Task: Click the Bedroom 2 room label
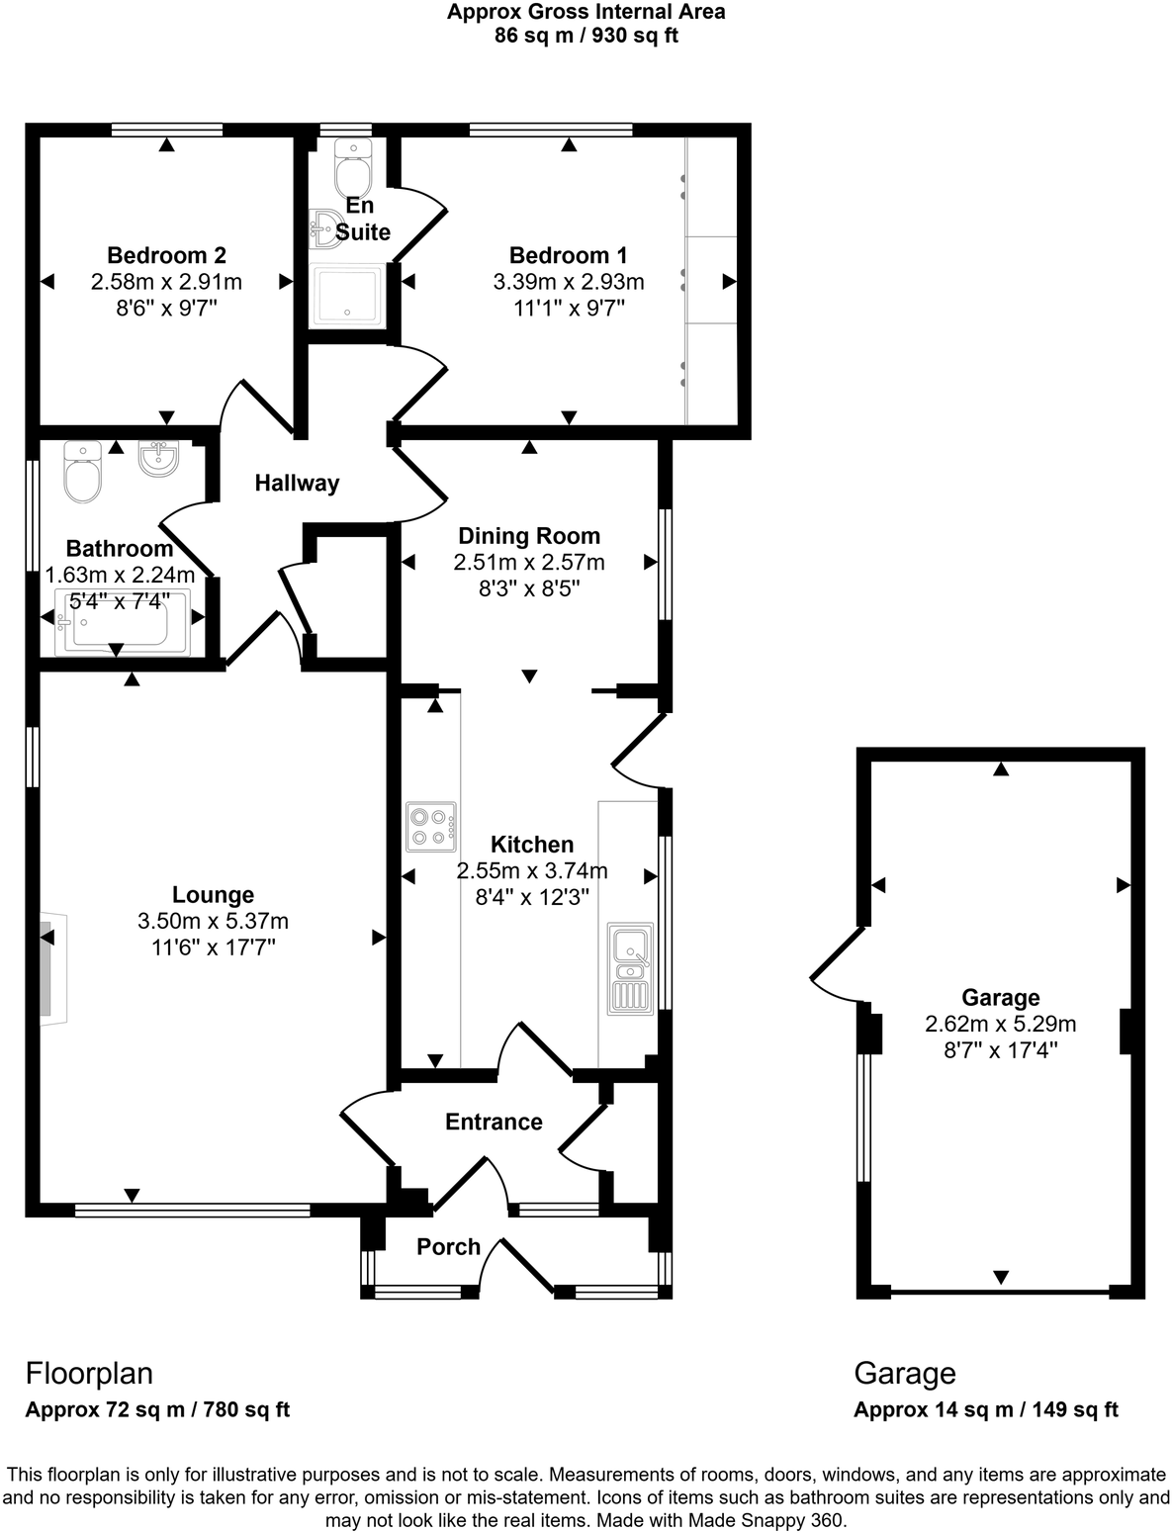166,255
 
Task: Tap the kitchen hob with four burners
431,827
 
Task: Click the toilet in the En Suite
351,169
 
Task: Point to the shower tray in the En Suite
347,295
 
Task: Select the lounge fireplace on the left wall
46,970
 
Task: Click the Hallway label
297,483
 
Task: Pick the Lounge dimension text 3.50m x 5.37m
214,921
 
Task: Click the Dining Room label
529,536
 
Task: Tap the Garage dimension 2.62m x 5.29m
1001,1024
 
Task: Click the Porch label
448,1246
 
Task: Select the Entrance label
494,1122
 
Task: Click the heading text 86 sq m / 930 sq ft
586,37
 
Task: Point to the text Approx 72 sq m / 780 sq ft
157,1409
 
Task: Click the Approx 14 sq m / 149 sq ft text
985,1409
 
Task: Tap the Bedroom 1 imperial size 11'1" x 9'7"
569,308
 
